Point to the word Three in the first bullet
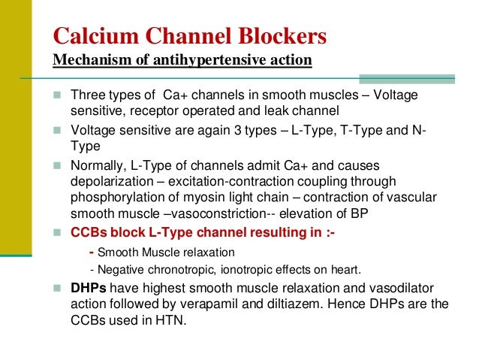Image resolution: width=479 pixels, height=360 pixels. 87,95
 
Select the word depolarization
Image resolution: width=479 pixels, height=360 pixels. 107,182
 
